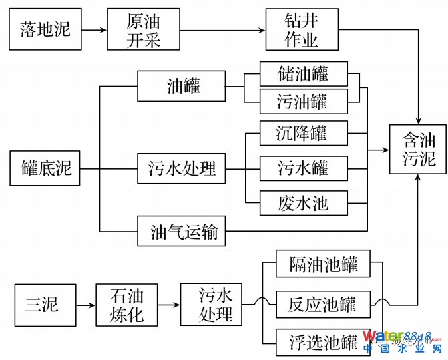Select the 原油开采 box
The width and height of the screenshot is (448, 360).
tap(144, 30)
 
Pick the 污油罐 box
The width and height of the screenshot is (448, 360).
tap(303, 101)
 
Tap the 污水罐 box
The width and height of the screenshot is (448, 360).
tap(303, 168)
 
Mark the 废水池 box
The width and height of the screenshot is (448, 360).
tap(303, 202)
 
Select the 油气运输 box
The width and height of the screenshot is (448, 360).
tap(182, 234)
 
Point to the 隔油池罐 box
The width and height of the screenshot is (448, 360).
tap(323, 265)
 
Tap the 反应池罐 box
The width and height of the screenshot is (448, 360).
tap(323, 305)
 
